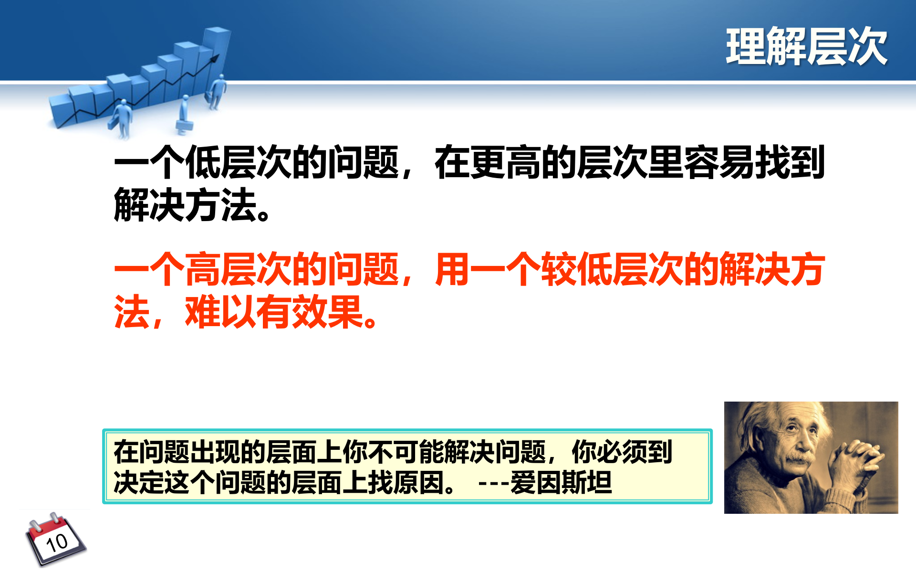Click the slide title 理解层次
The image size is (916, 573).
(x=806, y=46)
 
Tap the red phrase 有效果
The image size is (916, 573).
(x=310, y=312)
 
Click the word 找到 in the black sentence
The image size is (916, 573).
(x=790, y=162)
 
